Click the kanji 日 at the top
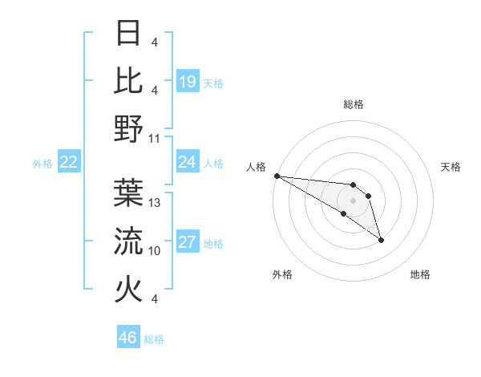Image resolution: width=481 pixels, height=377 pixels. click(x=129, y=33)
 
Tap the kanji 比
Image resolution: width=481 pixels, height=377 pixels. click(x=129, y=80)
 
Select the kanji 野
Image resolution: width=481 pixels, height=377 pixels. click(x=129, y=128)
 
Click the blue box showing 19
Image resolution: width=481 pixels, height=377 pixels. click(x=188, y=81)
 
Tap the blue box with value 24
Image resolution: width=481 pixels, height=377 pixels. click(x=188, y=162)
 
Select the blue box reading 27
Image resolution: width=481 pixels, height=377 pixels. click(x=188, y=242)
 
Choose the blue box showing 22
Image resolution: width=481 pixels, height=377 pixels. click(x=69, y=162)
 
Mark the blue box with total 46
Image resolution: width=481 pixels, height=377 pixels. click(x=128, y=337)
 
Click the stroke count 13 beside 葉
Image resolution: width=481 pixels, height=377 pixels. click(x=155, y=203)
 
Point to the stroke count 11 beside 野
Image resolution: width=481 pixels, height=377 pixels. click(x=155, y=138)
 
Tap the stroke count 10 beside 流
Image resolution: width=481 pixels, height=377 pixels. click(x=155, y=251)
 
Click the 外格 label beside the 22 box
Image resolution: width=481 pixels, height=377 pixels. click(x=42, y=163)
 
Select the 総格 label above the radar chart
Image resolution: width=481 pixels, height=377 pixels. click(x=353, y=104)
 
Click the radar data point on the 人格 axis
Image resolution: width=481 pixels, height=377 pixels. click(x=277, y=175)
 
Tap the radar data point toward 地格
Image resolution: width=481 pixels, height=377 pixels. click(x=381, y=239)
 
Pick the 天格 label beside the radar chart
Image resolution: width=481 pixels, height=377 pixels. click(x=451, y=167)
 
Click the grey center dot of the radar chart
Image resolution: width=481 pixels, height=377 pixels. click(x=353, y=200)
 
